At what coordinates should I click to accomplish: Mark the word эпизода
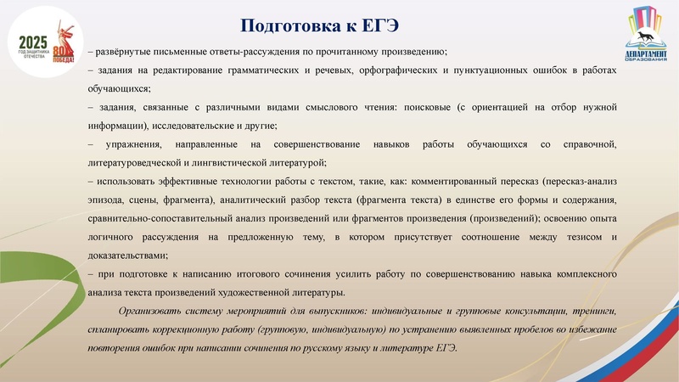[108, 199]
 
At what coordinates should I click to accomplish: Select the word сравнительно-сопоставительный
[154, 217]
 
